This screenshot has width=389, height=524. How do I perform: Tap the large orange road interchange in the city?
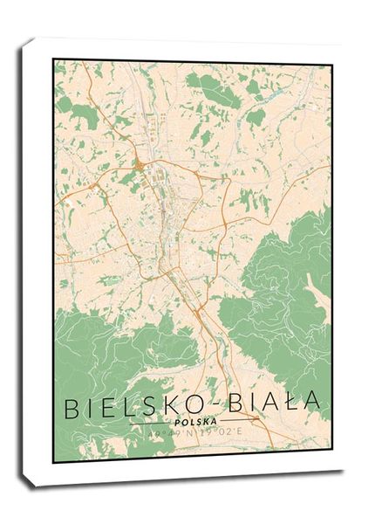tap(139, 164)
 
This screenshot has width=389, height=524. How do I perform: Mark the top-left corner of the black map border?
tap(54, 60)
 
